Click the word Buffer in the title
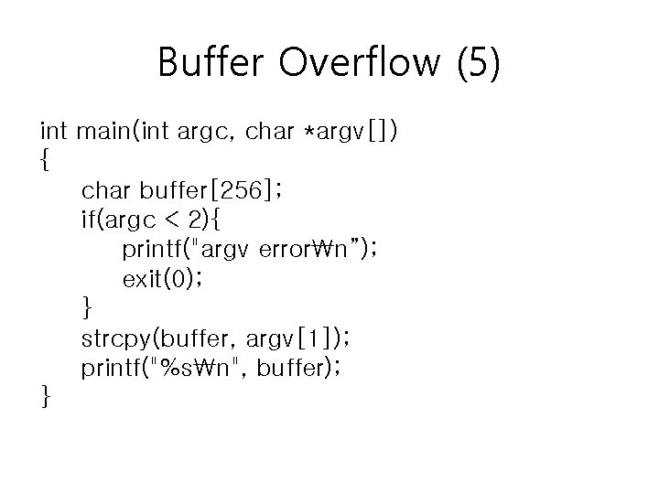click(212, 63)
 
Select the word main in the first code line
click(105, 132)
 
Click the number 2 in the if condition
click(193, 220)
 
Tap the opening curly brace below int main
click(46, 162)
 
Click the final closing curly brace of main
click(46, 397)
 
